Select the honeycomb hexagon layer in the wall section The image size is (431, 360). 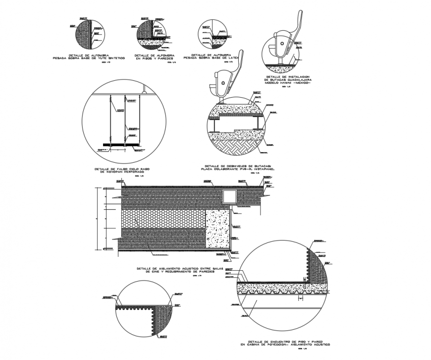pyautogui.click(x=163, y=218)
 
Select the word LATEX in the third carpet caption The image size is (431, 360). pyautogui.click(x=233, y=58)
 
